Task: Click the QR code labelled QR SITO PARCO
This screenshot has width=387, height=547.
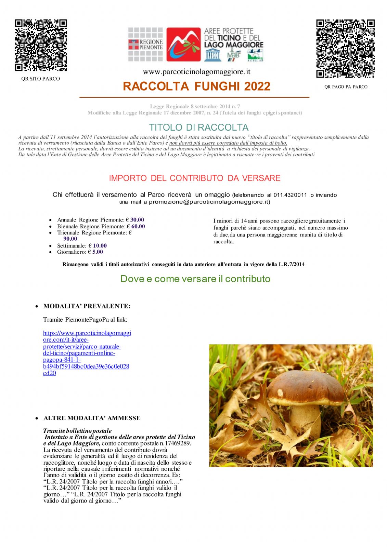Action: coord(41,45)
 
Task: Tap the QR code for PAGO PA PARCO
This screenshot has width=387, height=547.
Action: coord(345,49)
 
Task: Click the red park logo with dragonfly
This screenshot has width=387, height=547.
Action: coord(183,44)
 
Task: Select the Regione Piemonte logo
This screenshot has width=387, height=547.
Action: coord(146,44)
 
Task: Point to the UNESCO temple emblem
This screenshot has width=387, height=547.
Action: coord(212,55)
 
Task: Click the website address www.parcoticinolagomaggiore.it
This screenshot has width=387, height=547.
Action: coord(196,72)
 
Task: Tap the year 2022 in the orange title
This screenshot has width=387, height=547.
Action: coord(257,86)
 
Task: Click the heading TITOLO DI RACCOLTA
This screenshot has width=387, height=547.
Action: coord(198,128)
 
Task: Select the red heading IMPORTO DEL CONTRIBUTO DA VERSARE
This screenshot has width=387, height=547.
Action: coord(195,178)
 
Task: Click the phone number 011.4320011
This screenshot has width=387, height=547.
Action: coord(290,195)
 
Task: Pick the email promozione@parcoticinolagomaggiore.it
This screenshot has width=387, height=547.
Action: coord(209,202)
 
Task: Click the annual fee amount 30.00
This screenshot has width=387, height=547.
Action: coord(137,220)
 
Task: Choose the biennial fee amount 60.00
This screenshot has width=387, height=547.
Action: coord(138,226)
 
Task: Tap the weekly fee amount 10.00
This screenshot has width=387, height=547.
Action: coord(100,246)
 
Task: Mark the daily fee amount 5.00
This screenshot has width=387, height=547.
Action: coord(98,252)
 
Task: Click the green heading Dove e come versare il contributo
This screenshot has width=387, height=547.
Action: coord(195,279)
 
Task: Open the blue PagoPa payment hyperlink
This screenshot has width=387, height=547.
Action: coord(87,353)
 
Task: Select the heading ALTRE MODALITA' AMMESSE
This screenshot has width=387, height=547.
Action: coord(92,418)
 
